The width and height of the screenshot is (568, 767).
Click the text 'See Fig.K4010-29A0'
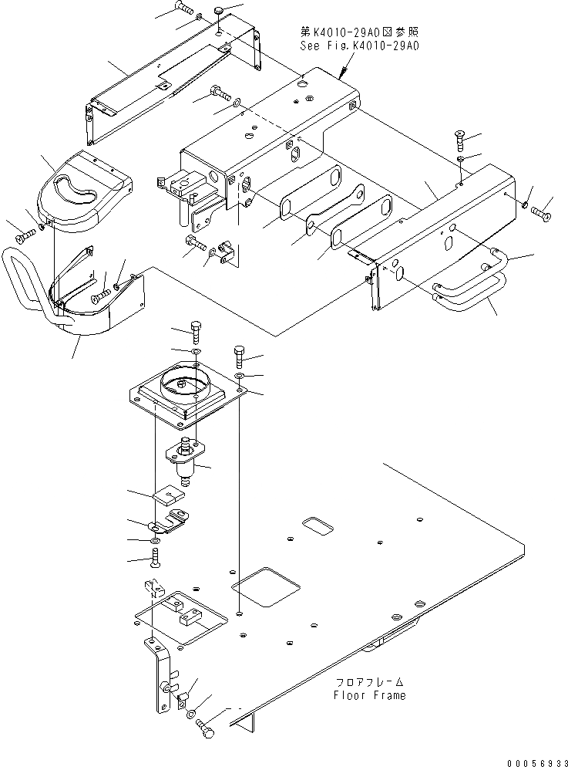[359, 46]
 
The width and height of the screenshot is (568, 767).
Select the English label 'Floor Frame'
[369, 694]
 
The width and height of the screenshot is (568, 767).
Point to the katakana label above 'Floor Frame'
[369, 683]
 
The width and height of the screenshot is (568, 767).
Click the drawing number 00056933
[531, 759]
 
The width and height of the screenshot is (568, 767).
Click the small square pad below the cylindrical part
[166, 495]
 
